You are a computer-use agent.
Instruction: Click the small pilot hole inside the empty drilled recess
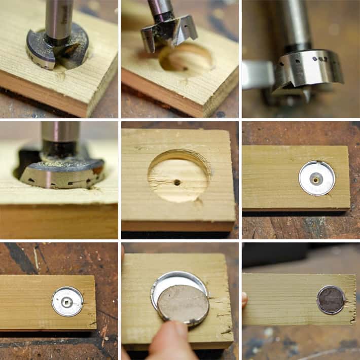click(x=176, y=182)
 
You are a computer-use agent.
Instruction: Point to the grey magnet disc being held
click(x=183, y=304)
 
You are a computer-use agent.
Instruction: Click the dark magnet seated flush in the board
click(x=331, y=300)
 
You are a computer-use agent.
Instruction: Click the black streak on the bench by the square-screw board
click(x=20, y=258)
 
